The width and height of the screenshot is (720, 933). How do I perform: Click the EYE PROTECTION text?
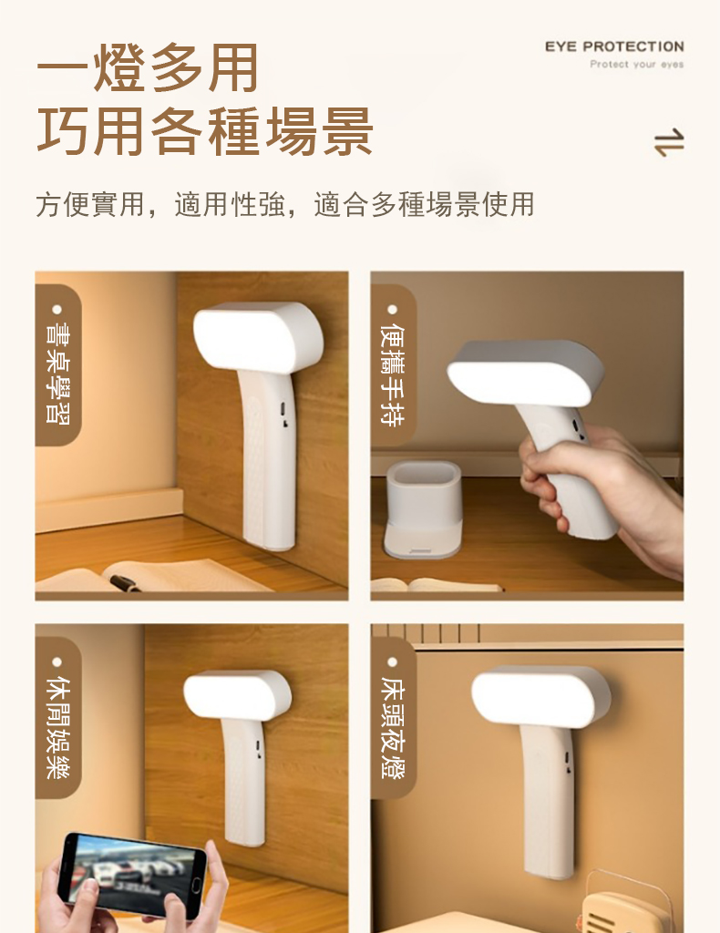(613, 46)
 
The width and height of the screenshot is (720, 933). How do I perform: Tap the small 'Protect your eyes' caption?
(636, 65)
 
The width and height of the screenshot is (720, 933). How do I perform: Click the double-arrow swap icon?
(668, 143)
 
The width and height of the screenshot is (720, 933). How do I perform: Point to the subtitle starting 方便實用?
(284, 204)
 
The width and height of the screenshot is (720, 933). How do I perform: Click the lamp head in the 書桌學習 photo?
(257, 339)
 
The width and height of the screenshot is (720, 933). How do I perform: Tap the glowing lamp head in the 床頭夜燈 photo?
(540, 697)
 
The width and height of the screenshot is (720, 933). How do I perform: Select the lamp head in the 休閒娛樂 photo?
(237, 694)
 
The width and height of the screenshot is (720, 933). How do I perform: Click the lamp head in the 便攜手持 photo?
(524, 372)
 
